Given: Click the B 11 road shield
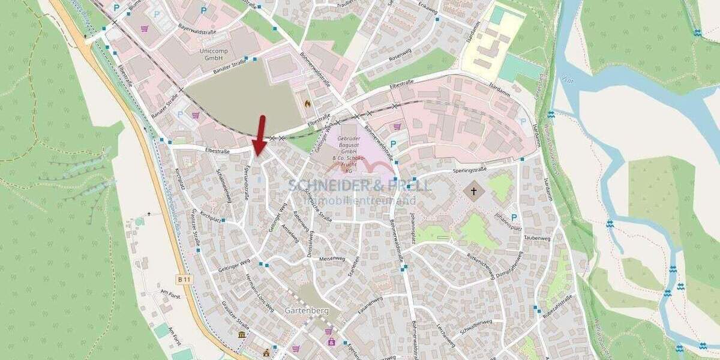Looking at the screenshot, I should point(184,279).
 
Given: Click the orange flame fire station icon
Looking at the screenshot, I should point(308,103).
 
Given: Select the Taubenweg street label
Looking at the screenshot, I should point(536,238).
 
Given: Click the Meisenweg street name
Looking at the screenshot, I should point(332,259).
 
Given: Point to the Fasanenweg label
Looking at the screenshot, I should point(370,306).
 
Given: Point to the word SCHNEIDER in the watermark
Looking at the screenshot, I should point(324,185).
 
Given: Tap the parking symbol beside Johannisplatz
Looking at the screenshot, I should point(514,217).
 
